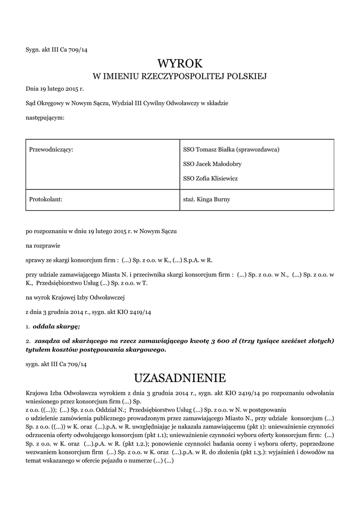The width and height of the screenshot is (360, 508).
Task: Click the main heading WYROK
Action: pos(180,63)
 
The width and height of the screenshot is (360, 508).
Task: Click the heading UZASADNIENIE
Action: pos(180,378)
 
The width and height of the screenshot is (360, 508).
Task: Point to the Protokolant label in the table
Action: pos(46,199)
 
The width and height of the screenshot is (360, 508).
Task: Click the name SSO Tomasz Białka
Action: pos(209,149)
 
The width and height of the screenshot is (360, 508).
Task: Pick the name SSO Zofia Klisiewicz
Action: pos(211,178)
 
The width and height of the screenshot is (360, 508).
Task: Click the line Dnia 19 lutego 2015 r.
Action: pos(55,89)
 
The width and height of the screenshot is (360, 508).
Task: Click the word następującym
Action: pos(45,118)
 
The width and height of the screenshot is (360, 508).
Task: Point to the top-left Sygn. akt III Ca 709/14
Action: pos(56,49)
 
